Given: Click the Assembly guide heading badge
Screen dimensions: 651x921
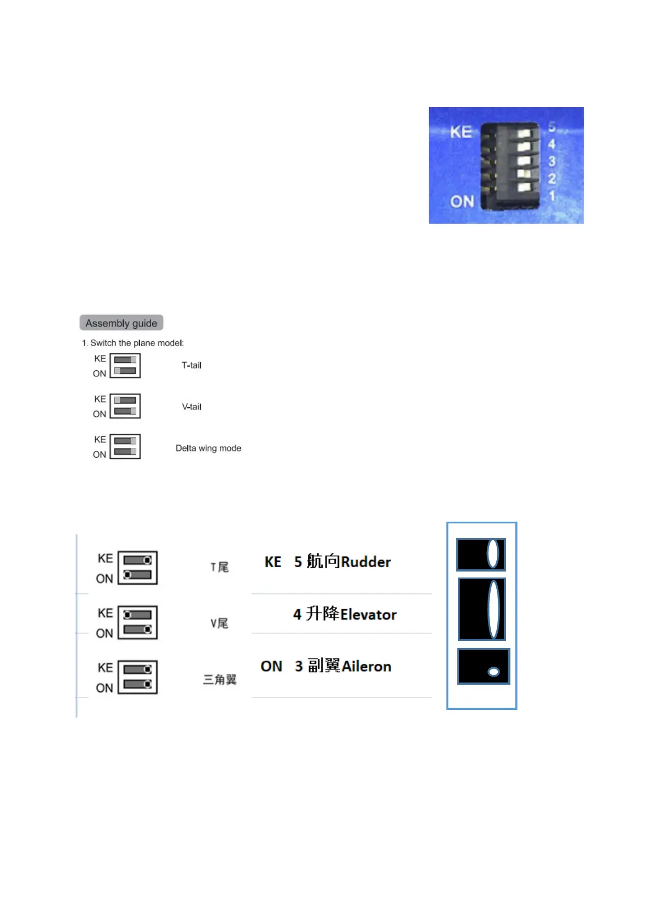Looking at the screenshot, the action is coord(121,323).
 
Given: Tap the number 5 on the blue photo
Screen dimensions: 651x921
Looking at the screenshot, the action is coord(552,127).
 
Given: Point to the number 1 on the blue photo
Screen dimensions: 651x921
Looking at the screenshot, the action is coord(552,195).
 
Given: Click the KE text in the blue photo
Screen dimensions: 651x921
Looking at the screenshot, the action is coord(461,132).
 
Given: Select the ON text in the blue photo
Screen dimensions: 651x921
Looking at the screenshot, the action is coord(462,202).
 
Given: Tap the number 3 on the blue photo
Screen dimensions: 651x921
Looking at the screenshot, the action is coord(552,161).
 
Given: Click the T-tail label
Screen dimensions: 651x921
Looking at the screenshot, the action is coord(191,365).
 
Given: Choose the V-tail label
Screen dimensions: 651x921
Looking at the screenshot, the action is coord(191,407).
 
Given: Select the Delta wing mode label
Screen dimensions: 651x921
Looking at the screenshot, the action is coord(208,448).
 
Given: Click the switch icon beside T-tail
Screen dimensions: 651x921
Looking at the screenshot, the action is coord(125,365).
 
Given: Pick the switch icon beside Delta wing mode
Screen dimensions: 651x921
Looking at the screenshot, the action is coord(125,446).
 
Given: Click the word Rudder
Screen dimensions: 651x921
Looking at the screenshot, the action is coord(366,562).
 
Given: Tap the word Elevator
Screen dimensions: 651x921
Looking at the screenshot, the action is coord(368,615).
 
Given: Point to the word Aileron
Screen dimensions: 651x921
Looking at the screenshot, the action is coord(367,667).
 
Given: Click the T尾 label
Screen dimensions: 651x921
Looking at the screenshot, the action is coord(219,567).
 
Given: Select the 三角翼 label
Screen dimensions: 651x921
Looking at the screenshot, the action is coord(219,679).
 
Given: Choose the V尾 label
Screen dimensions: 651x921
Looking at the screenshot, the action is coord(219,623).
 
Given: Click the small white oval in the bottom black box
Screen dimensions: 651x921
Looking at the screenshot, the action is coord(493,672).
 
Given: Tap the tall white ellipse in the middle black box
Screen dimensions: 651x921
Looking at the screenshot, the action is coord(493,609).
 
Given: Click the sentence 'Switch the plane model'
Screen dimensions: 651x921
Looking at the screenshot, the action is coord(137,343).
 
